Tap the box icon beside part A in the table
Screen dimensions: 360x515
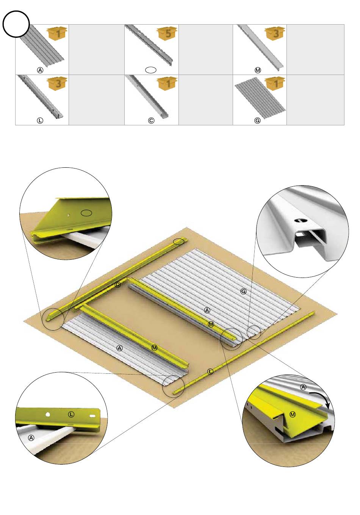57,33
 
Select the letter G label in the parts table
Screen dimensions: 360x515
257,120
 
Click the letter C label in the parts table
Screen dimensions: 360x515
151,120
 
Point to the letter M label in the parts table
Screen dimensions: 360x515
258,70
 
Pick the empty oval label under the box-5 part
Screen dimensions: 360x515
151,70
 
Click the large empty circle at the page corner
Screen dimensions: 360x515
16,24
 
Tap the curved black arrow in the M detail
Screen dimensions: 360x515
321,400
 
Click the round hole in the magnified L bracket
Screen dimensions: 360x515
48,414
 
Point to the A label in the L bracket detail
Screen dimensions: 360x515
31,438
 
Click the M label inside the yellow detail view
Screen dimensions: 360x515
293,415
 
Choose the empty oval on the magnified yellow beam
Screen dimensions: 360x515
86,213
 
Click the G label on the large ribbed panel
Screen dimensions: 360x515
243,291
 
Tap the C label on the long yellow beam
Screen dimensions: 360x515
117,285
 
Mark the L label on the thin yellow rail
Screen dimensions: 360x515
210,371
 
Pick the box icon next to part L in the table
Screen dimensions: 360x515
57,83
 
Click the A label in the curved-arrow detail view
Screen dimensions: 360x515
304,387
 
